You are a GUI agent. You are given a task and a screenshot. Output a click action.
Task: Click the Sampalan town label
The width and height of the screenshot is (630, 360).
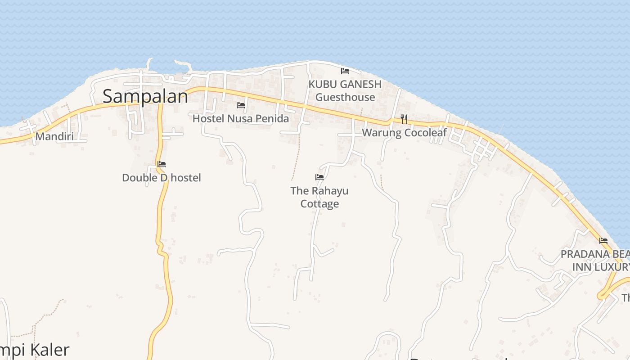[145, 97]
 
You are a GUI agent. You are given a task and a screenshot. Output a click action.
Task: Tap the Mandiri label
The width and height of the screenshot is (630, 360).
[54, 136]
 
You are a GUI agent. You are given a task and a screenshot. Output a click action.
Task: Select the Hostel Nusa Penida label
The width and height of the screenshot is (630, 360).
[241, 119]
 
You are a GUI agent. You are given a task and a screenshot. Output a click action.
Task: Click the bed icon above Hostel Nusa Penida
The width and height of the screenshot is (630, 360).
[241, 105]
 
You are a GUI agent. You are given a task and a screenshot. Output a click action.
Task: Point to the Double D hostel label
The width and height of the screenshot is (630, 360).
[162, 178]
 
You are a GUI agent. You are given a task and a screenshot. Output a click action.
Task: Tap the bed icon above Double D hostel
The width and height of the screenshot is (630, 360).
[162, 164]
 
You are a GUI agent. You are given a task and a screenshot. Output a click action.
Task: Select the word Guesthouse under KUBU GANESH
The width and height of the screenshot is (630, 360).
[345, 97]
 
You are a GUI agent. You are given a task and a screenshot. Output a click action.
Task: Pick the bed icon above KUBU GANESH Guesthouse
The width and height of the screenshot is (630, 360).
[345, 71]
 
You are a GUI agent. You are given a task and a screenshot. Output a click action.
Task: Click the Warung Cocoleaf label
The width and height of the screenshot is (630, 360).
[405, 133]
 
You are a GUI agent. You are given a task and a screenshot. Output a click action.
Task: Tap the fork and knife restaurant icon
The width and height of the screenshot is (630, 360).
[404, 119]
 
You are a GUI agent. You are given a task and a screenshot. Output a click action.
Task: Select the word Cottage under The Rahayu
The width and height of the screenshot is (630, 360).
[319, 204]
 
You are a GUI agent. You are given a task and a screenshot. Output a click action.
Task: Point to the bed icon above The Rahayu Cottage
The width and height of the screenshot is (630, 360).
[319, 177]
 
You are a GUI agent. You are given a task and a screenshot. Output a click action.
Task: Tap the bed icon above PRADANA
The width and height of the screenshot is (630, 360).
[603, 241]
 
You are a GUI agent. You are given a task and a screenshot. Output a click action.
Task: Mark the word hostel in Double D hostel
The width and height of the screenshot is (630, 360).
[186, 178]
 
